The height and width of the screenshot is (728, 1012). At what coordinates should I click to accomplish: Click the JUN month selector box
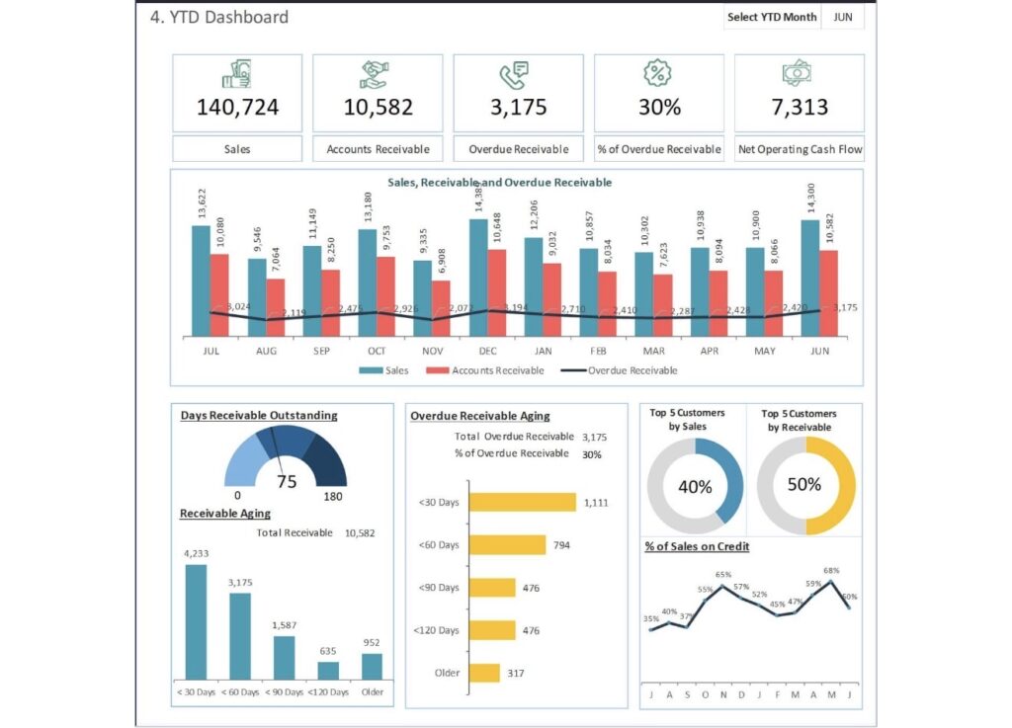tap(843, 17)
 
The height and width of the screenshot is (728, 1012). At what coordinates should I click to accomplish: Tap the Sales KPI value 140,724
tap(237, 107)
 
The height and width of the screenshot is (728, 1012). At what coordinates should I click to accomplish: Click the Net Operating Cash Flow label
tap(800, 149)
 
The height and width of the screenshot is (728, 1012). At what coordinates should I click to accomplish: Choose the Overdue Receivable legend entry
tap(620, 370)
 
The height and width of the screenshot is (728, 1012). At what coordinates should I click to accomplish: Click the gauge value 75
tap(287, 482)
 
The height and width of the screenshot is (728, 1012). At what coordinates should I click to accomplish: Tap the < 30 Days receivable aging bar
tap(196, 621)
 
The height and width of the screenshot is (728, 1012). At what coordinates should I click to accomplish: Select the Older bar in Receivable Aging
tap(372, 666)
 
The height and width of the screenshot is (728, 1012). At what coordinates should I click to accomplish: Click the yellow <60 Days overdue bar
tap(507, 544)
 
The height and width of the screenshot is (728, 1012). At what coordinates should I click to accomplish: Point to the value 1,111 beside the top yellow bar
tap(598, 503)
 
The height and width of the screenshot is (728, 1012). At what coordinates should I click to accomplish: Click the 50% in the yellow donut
tap(804, 485)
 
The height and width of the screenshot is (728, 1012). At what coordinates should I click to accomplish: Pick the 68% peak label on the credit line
tap(831, 571)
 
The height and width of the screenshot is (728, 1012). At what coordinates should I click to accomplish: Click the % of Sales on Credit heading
tap(696, 546)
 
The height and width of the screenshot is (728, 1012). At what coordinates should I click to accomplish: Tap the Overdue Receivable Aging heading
tap(480, 416)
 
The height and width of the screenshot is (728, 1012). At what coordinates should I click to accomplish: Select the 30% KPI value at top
tap(659, 107)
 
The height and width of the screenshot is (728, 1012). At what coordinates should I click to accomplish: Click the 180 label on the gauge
tap(333, 496)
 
